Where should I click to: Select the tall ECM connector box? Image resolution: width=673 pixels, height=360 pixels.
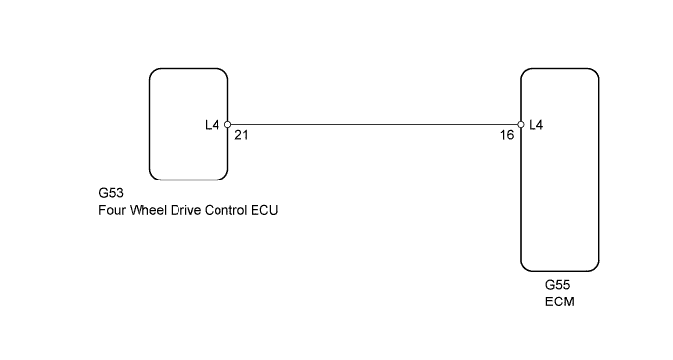coord(559,169)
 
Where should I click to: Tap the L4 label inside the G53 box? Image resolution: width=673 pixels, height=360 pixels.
coord(212,125)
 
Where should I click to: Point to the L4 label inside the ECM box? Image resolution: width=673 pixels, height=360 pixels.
coord(535,125)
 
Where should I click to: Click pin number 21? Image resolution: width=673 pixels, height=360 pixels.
coord(241,136)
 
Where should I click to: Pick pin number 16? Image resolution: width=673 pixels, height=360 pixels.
coord(507,136)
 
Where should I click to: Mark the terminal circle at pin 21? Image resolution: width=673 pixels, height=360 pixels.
coord(227,125)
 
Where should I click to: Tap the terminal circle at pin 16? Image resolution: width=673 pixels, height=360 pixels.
coord(521,125)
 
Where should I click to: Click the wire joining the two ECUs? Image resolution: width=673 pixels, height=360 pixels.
coord(374,125)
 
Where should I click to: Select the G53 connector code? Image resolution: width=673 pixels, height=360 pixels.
coord(111,193)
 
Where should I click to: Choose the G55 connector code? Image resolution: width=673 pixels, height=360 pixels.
coord(557,285)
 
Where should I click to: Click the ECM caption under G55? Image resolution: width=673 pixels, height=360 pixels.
coord(559,301)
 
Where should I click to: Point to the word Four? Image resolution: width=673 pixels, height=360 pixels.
coord(112,210)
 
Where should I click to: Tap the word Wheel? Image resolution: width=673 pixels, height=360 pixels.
coord(147,210)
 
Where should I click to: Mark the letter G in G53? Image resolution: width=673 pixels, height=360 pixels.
coord(104,193)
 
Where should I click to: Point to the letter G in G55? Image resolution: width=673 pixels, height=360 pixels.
coord(550,285)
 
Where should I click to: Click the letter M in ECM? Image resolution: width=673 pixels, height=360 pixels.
coord(569,301)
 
